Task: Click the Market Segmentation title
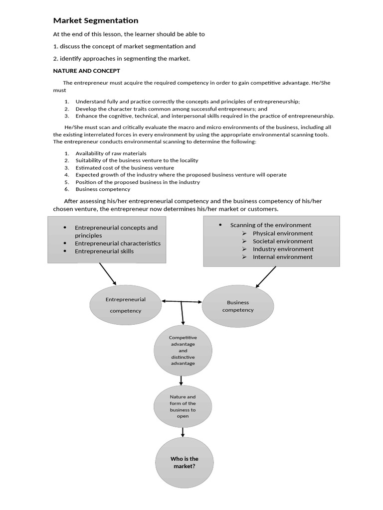(x=96, y=20)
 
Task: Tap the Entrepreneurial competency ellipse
(x=125, y=305)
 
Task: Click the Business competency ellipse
(x=238, y=306)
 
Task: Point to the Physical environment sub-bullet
(x=282, y=233)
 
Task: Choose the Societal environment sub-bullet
(x=282, y=241)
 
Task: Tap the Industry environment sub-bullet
(x=283, y=249)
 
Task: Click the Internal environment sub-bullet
(x=282, y=257)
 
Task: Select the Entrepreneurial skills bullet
(x=104, y=252)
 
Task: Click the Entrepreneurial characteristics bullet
(x=117, y=244)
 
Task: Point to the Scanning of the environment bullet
(x=270, y=225)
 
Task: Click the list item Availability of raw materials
(x=111, y=153)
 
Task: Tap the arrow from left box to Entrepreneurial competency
(x=107, y=273)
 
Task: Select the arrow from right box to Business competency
(x=266, y=276)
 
